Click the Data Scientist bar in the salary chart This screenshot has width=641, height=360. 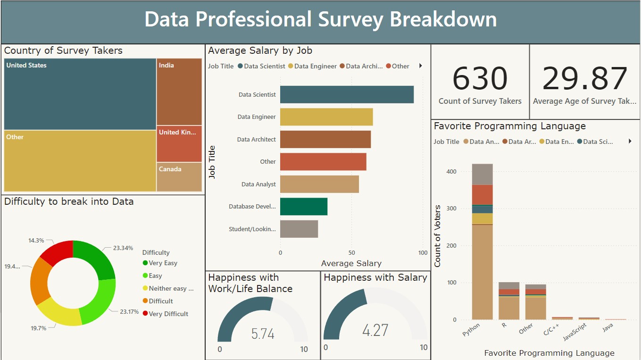pos(347,94)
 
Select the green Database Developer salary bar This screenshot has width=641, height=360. pos(303,207)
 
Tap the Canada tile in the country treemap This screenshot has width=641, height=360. pos(179,177)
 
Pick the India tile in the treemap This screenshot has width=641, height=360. pos(179,92)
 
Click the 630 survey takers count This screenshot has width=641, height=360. pos(480,79)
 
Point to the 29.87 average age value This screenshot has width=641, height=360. pos(584,79)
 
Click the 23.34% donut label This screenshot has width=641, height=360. pos(123,248)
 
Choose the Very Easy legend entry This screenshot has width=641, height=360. pos(163,263)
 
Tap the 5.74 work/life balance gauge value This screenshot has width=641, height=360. pos(263,334)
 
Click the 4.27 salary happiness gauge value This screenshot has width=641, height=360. pos(375,330)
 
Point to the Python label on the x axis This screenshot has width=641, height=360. pos(471,329)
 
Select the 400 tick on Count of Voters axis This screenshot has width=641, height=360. pos(451,172)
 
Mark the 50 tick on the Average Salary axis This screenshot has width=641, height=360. pos(351,253)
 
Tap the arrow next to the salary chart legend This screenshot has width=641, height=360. pos(420,66)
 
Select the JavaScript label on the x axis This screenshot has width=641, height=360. pos(574,332)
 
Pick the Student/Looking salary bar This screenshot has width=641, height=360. pos(299,229)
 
